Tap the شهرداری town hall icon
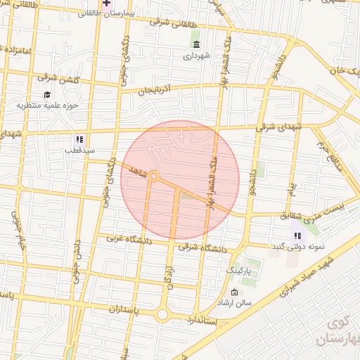[195, 45]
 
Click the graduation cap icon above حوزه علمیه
[47, 95]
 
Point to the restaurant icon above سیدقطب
[79, 139]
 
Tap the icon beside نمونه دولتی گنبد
[297, 236]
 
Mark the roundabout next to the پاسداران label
[162, 315]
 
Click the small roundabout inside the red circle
[153, 176]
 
